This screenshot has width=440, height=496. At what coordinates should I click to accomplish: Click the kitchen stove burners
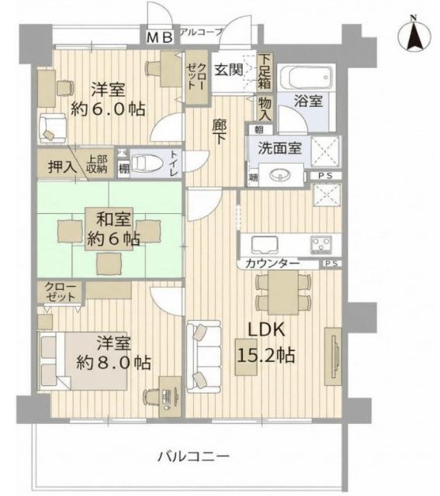(320, 245)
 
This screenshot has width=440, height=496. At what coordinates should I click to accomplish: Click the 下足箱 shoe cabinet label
(266, 70)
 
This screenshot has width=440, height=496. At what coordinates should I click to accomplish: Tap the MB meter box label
(161, 36)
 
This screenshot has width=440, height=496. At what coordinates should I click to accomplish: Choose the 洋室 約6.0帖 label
(109, 98)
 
